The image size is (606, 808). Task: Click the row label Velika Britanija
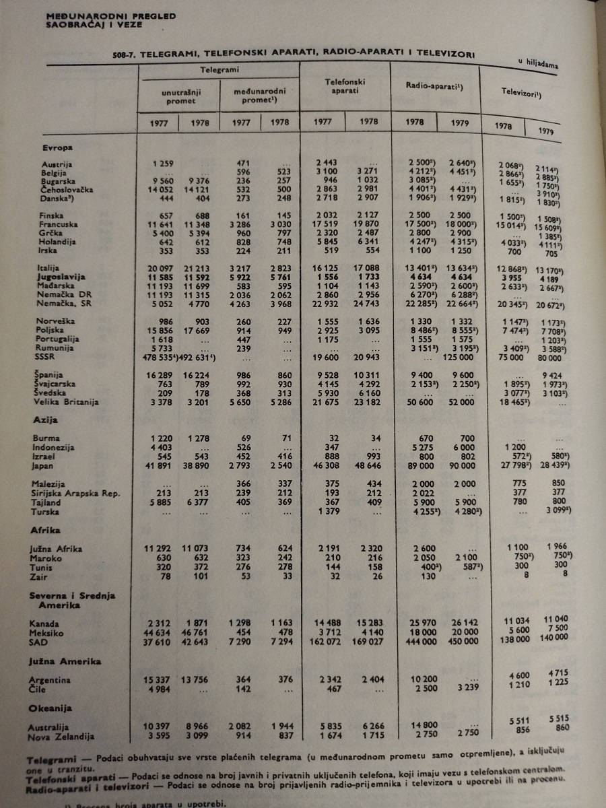pos(67,402)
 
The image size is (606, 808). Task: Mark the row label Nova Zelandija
pos(61,737)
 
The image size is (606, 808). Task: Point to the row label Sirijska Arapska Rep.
pos(75,494)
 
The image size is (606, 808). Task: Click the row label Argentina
pos(50,680)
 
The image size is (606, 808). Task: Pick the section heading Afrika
pos(45,530)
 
